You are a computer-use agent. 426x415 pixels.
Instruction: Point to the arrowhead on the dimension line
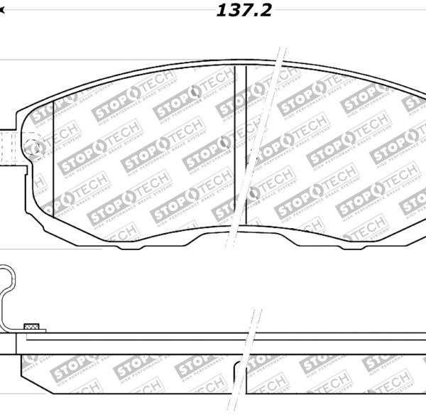pyautogui.click(x=3, y=11)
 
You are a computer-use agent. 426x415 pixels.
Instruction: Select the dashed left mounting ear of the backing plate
pyautogui.click(x=9, y=149)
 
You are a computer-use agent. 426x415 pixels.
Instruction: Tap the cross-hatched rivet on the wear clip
pyautogui.click(x=31, y=327)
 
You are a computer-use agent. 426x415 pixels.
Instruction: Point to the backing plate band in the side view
pyautogui.click(x=213, y=337)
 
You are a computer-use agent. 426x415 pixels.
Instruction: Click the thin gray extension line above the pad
pyautogui.click(x=142, y=60)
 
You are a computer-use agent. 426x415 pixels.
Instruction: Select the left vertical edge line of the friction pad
pyautogui.click(x=54, y=163)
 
